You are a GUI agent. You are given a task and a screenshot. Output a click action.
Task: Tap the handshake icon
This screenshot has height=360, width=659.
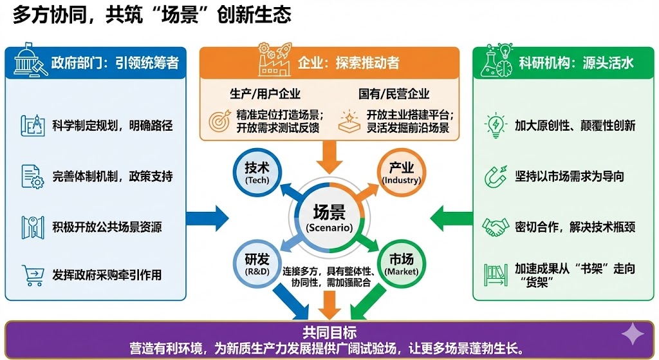click(496, 227)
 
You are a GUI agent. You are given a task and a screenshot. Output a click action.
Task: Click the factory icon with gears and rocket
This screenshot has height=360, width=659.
click(274, 59)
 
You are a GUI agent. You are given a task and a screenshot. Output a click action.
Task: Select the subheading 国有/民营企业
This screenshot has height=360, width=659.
click(394, 94)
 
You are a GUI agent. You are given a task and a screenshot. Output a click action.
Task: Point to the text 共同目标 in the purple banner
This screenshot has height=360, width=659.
click(329, 332)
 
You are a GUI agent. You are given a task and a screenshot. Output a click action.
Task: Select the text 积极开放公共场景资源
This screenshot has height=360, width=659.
click(107, 227)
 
